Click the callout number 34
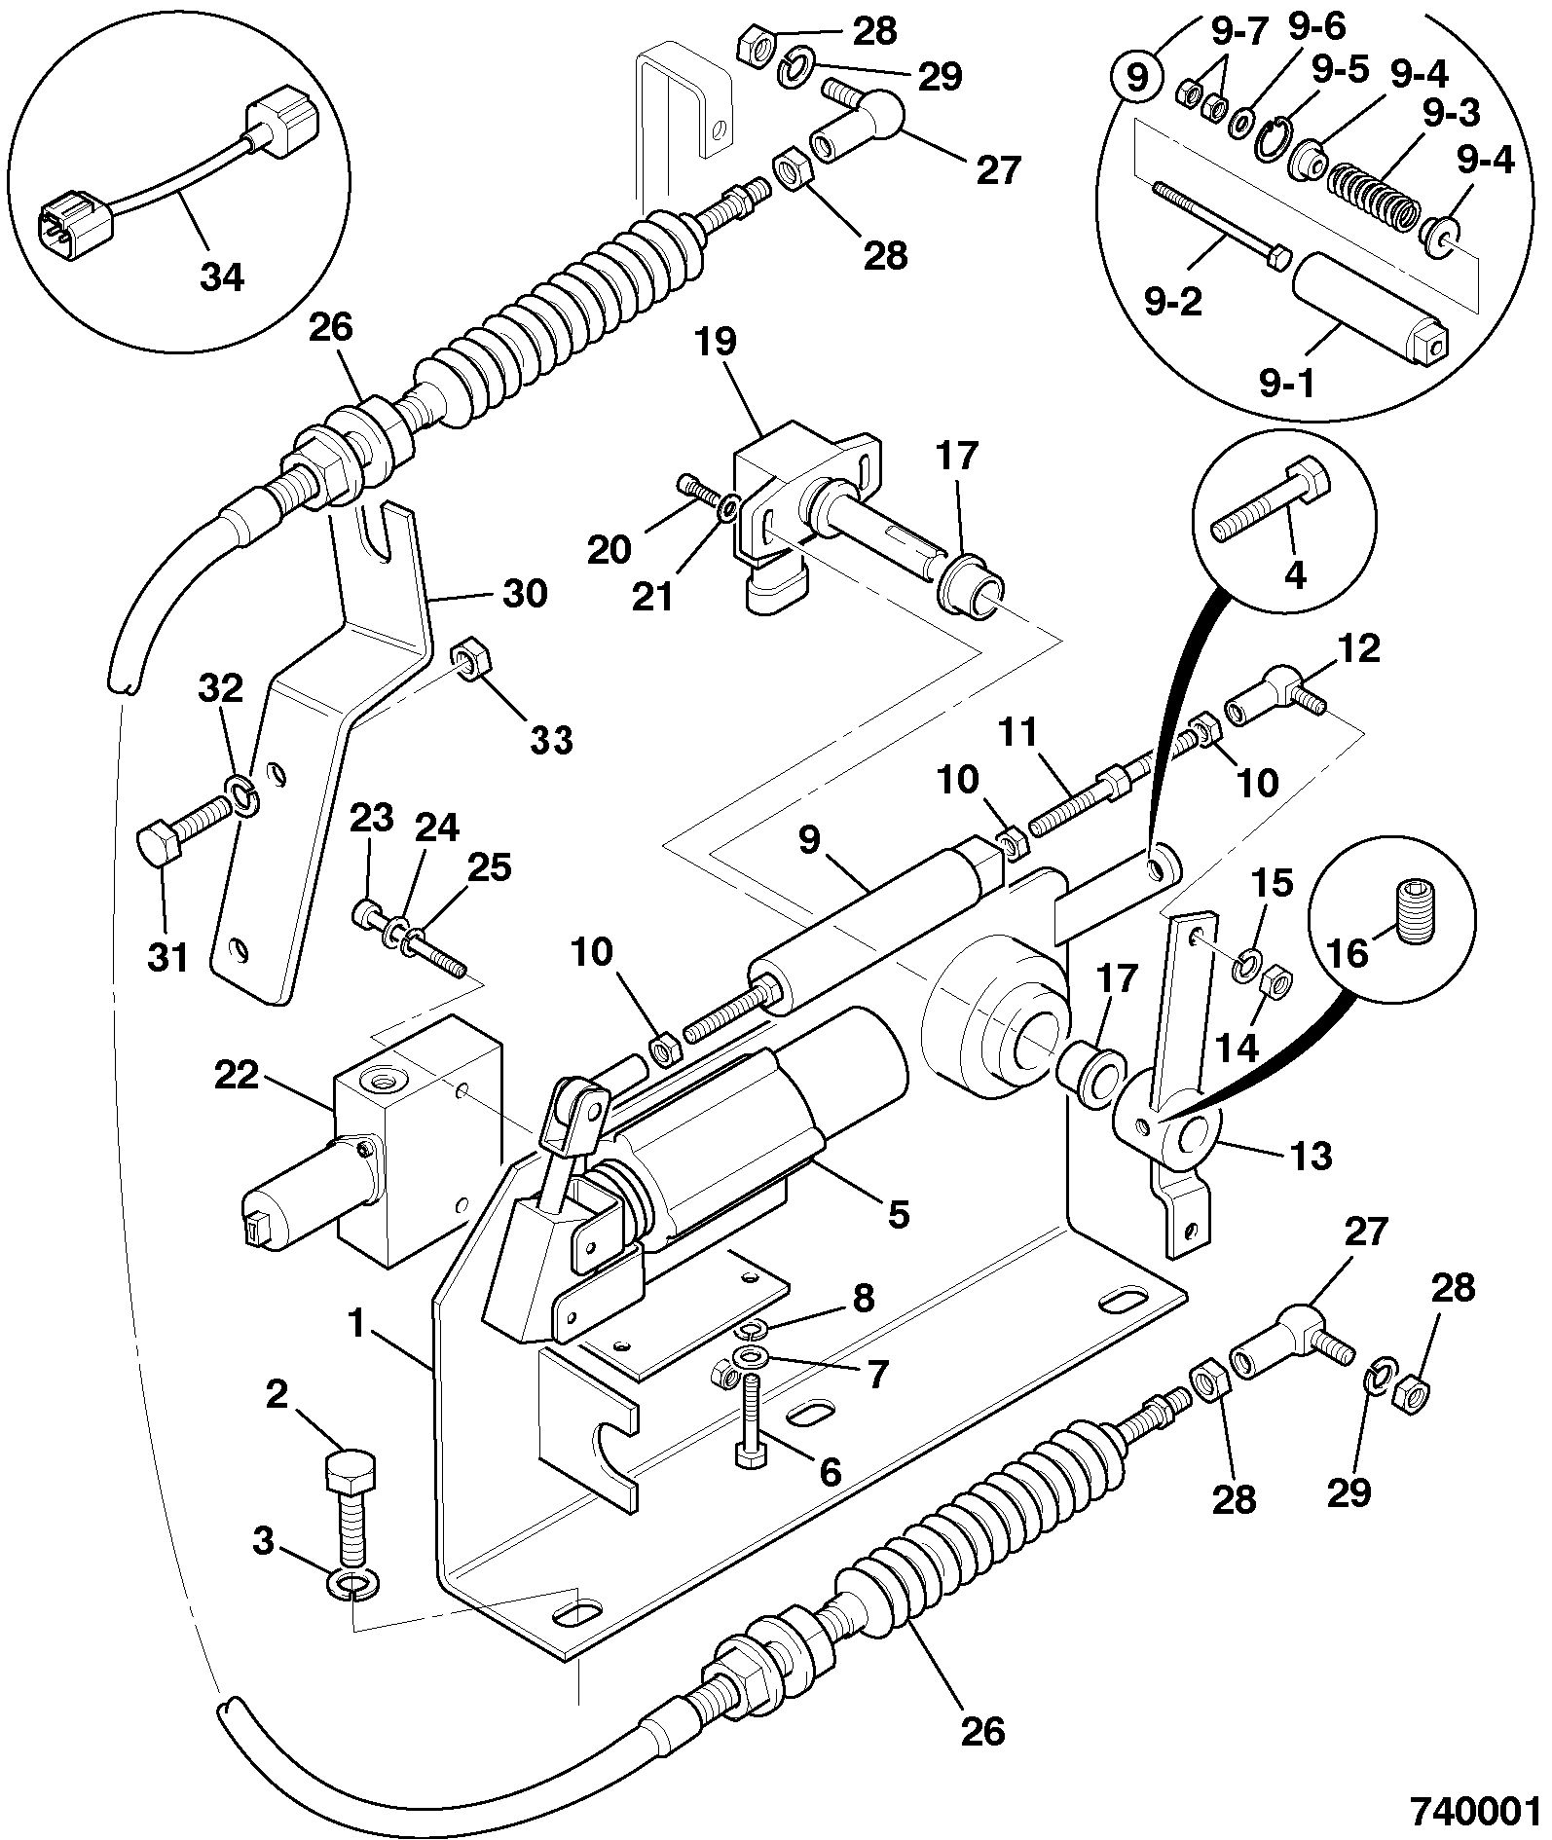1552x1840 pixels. (222, 278)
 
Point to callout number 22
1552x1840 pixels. (237, 1075)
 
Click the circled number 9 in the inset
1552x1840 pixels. (1137, 79)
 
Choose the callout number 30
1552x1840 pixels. (524, 593)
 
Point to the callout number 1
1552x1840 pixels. (356, 1324)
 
